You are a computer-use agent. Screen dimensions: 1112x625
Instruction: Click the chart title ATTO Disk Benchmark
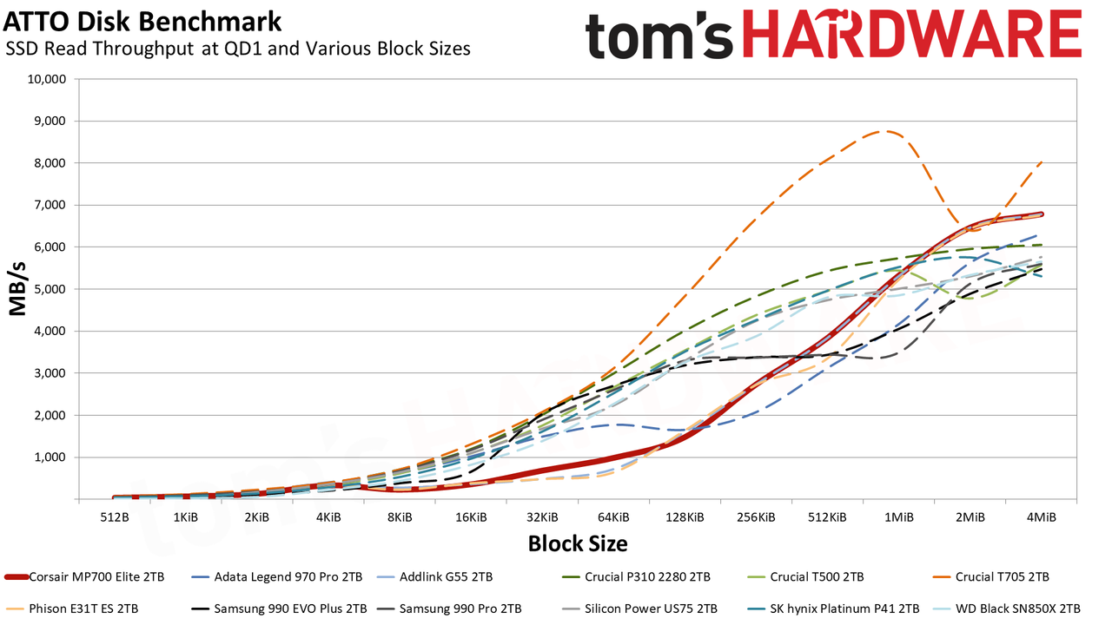(x=142, y=22)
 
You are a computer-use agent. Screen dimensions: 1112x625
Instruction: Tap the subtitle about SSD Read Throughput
(x=238, y=49)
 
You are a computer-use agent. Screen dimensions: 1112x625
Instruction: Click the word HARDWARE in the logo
(x=912, y=34)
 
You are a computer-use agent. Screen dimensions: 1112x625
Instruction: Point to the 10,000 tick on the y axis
(x=46, y=79)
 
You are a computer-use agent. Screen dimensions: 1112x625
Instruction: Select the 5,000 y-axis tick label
(x=49, y=289)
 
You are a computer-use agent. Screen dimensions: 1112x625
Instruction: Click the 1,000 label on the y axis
(x=49, y=457)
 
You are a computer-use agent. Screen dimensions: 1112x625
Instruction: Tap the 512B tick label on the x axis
(x=115, y=517)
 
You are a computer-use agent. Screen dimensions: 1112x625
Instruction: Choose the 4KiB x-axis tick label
(x=328, y=517)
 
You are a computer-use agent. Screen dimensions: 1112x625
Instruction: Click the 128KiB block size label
(x=685, y=517)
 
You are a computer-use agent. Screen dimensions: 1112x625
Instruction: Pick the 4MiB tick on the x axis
(x=1042, y=517)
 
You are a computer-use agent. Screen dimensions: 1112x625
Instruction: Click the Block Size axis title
(x=578, y=543)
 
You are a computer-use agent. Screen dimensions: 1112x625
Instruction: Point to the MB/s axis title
(x=17, y=289)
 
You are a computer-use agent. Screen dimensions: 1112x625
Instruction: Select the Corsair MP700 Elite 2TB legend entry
(x=84, y=577)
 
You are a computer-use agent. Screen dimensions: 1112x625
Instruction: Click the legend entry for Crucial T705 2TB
(x=992, y=577)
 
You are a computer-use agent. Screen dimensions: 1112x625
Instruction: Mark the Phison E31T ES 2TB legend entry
(x=71, y=609)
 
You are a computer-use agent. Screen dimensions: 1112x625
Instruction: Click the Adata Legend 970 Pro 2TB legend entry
(x=276, y=577)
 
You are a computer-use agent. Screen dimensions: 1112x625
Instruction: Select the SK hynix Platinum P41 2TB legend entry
(x=833, y=609)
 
